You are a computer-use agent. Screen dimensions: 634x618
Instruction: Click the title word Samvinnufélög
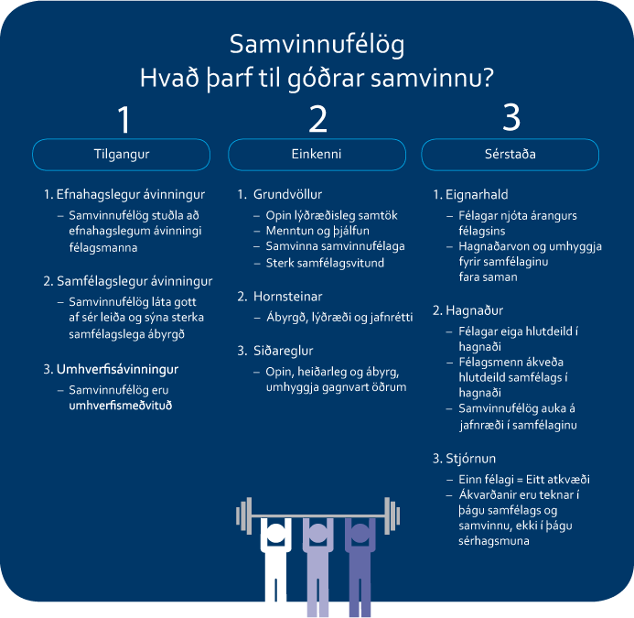pyautogui.click(x=317, y=45)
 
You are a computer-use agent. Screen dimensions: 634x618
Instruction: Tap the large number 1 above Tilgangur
pyautogui.click(x=124, y=119)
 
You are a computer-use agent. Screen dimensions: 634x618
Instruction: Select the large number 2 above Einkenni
pyautogui.click(x=317, y=119)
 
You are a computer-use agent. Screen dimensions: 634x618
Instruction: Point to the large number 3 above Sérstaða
pyautogui.click(x=511, y=117)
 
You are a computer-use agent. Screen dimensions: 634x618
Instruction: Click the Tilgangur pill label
pyautogui.click(x=122, y=155)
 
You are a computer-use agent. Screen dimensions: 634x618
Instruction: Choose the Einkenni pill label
pyautogui.click(x=317, y=155)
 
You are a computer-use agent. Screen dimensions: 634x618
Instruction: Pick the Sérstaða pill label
pyautogui.click(x=510, y=155)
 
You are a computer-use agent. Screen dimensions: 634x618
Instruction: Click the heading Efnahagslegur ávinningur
pyautogui.click(x=130, y=195)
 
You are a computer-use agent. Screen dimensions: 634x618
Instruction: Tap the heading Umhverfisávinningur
pyautogui.click(x=117, y=369)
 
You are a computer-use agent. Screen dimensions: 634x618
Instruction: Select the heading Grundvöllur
pyautogui.click(x=287, y=195)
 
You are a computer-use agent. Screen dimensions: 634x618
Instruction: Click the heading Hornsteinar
pyautogui.click(x=287, y=297)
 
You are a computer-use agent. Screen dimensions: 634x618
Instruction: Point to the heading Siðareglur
pyautogui.click(x=283, y=351)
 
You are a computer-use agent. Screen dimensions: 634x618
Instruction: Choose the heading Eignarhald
pyautogui.click(x=477, y=195)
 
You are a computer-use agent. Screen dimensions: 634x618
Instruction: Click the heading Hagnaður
pyautogui.click(x=474, y=310)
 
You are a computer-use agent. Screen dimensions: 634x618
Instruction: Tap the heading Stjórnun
pyautogui.click(x=470, y=459)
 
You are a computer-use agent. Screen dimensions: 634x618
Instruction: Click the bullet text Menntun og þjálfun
pyautogui.click(x=317, y=231)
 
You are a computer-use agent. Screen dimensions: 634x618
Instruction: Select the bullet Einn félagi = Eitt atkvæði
pyautogui.click(x=524, y=480)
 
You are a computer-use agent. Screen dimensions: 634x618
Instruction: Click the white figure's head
pyautogui.click(x=275, y=533)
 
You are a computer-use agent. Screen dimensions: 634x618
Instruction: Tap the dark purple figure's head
pyautogui.click(x=360, y=533)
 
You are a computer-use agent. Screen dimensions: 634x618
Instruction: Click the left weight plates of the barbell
pyautogui.click(x=244, y=515)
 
